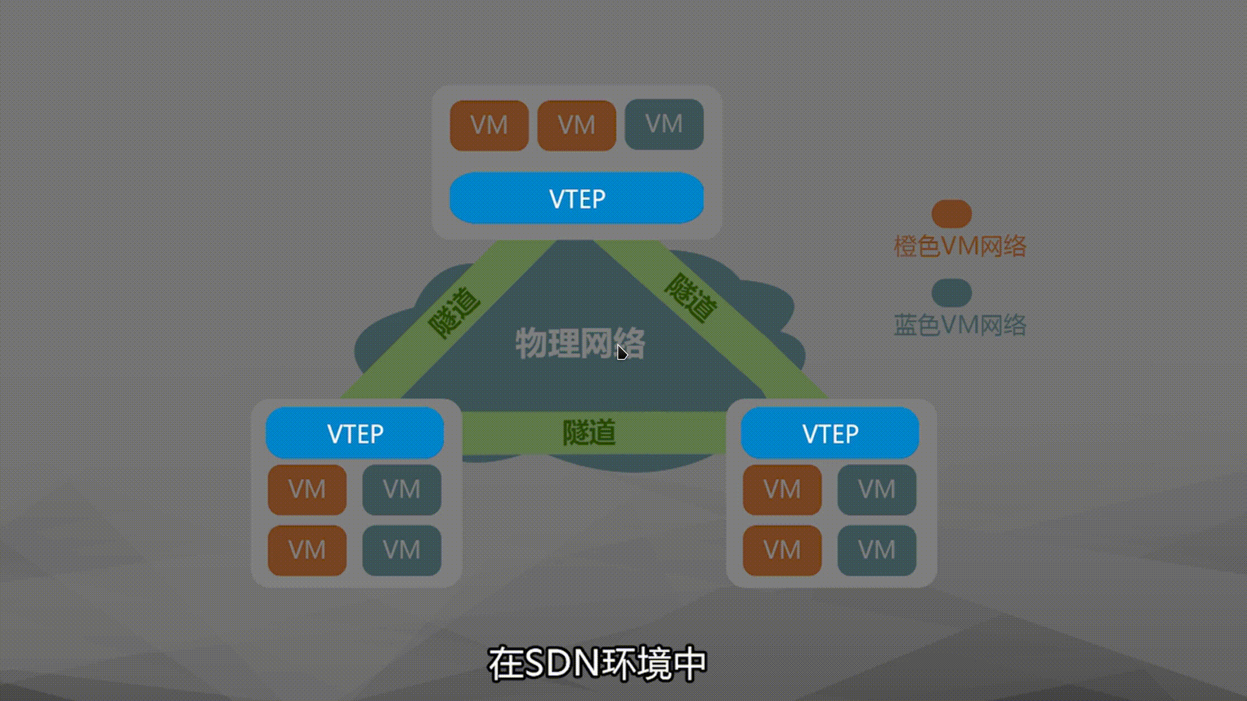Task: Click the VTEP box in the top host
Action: [x=577, y=198]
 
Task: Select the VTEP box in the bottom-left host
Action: [x=355, y=433]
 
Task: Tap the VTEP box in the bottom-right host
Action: [x=830, y=433]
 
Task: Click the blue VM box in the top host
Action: [x=664, y=124]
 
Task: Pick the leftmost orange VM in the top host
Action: [x=489, y=125]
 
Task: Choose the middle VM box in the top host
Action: [x=577, y=125]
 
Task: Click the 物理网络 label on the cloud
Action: [x=579, y=343]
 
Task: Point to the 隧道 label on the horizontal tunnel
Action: [x=589, y=432]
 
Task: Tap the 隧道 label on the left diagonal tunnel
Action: [x=454, y=313]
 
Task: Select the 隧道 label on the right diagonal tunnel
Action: [x=691, y=298]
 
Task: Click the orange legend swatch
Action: [x=951, y=214]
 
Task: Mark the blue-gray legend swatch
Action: [x=951, y=293]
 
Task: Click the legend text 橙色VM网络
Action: [x=960, y=246]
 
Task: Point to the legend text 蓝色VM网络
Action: [x=960, y=325]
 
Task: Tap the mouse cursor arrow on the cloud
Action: [x=622, y=353]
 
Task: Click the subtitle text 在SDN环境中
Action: [x=598, y=664]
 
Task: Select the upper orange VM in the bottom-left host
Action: [x=307, y=490]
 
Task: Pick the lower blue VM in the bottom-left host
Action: [x=402, y=550]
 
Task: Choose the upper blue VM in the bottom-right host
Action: [x=877, y=490]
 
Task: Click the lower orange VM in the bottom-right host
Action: [x=782, y=550]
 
